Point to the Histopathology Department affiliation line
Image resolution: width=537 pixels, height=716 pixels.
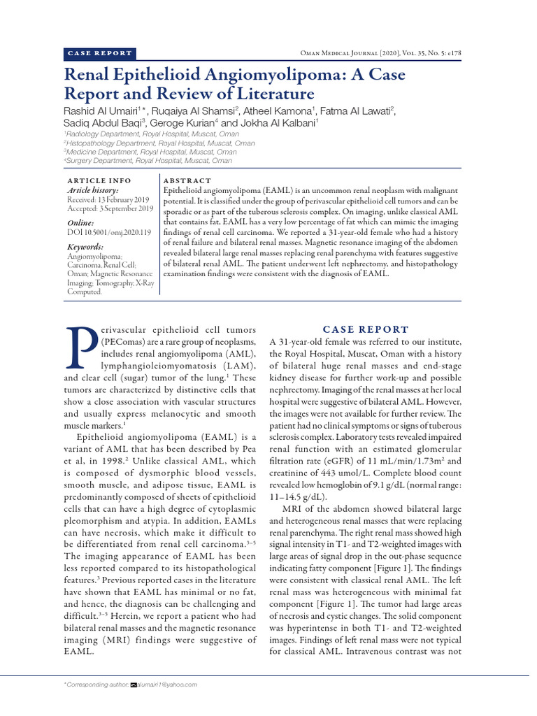[160, 143]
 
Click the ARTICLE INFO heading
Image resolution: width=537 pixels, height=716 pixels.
[98, 181]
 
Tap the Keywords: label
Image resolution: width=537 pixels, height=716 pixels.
[85, 247]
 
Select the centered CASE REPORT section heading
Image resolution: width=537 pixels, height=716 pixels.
[366, 329]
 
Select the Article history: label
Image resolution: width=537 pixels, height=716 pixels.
[93, 190]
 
